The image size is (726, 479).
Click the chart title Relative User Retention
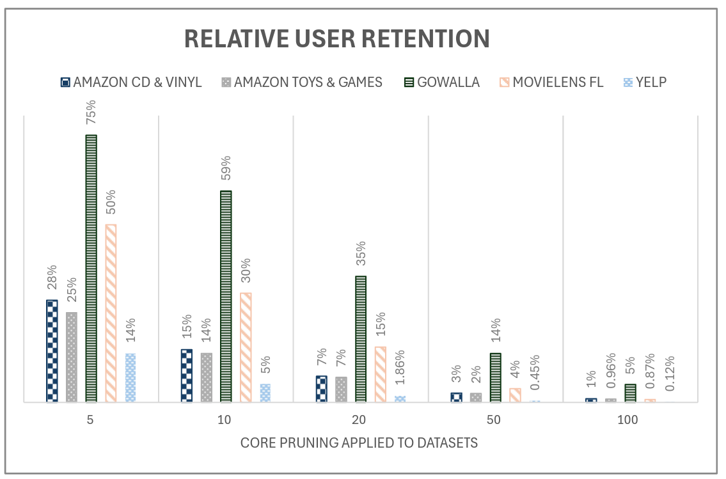pyautogui.click(x=337, y=39)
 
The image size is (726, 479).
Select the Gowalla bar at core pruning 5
pyautogui.click(x=91, y=269)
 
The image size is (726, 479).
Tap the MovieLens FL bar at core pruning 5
pyautogui.click(x=111, y=313)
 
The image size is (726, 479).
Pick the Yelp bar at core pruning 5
pyautogui.click(x=130, y=378)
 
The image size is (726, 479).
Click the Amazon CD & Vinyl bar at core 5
pyautogui.click(x=52, y=351)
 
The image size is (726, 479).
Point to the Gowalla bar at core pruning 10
pyautogui.click(x=226, y=297)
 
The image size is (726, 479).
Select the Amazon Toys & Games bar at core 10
pyautogui.click(x=206, y=377)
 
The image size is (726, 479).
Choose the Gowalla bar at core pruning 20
pyautogui.click(x=361, y=339)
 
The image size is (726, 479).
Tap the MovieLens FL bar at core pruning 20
pyautogui.click(x=381, y=374)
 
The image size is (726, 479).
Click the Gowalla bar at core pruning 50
pyautogui.click(x=496, y=377)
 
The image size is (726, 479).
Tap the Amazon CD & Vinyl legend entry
pyautogui.click(x=131, y=82)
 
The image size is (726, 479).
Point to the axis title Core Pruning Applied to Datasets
pyautogui.click(x=359, y=443)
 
